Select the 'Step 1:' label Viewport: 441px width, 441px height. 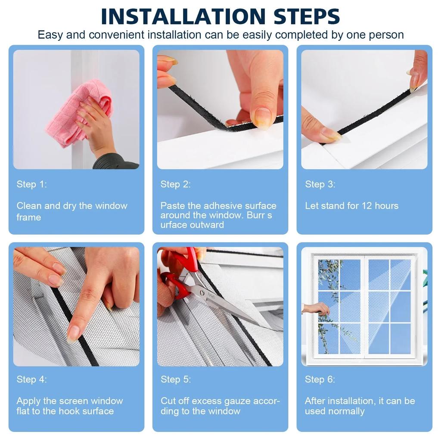point(31,184)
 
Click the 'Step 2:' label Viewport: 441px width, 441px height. point(175,184)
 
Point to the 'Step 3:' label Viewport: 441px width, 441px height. point(320,184)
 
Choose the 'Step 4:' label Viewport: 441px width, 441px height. point(31,379)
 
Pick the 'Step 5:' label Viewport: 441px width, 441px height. point(175,379)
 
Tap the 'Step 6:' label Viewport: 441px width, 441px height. point(320,379)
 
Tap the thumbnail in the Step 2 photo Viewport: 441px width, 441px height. point(262,118)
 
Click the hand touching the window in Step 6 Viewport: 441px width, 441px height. point(318,308)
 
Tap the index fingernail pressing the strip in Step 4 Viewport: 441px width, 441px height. point(73,333)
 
